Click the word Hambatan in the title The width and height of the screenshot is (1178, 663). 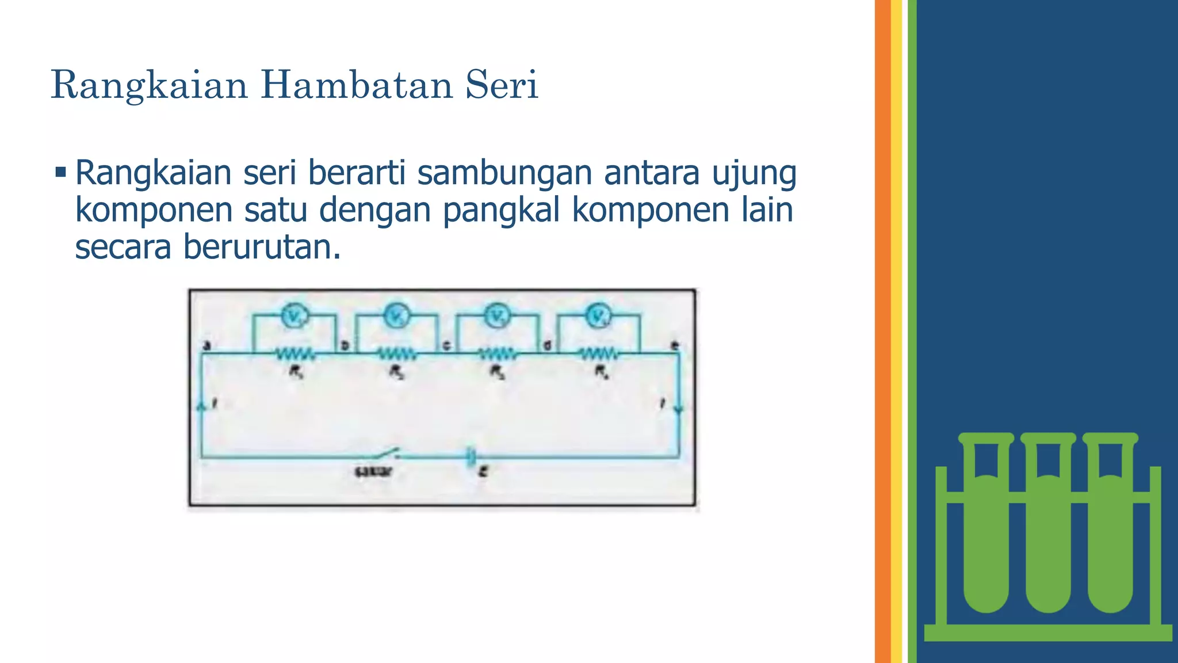[357, 85]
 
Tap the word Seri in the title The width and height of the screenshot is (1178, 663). [502, 85]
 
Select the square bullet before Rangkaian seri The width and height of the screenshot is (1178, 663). [61, 172]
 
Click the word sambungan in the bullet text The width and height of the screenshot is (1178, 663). [504, 173]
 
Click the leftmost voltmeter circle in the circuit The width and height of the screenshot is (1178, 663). [294, 315]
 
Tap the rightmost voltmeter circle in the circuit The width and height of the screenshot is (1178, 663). [599, 315]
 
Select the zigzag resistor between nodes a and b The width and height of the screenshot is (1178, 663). [295, 353]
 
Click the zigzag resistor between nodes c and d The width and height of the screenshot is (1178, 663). [498, 353]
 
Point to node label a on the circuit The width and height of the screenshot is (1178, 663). [208, 345]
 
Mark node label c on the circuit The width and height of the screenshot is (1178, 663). [446, 345]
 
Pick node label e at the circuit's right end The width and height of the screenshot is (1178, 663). [675, 345]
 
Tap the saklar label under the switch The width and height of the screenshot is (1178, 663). [373, 472]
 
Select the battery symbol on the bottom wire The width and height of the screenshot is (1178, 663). [471, 457]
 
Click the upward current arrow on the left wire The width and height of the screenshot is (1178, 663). [201, 406]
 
